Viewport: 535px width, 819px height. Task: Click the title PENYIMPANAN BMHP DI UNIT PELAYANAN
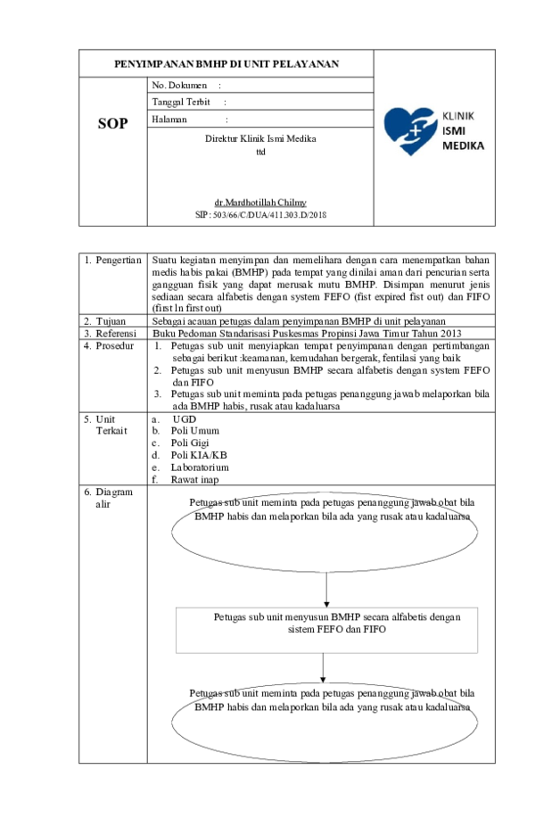click(x=226, y=65)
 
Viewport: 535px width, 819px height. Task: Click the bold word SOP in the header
click(x=112, y=124)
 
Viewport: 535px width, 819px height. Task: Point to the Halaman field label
click(x=169, y=119)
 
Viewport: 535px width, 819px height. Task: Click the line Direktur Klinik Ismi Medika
click(x=260, y=139)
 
